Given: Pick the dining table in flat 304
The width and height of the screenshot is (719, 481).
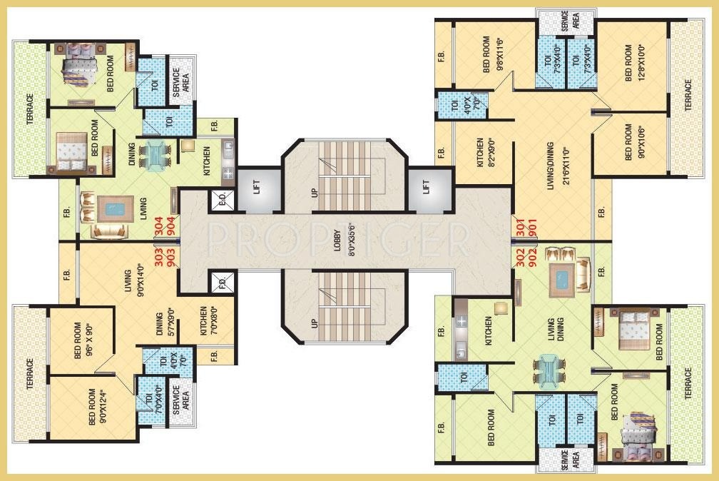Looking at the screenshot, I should point(155,156).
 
